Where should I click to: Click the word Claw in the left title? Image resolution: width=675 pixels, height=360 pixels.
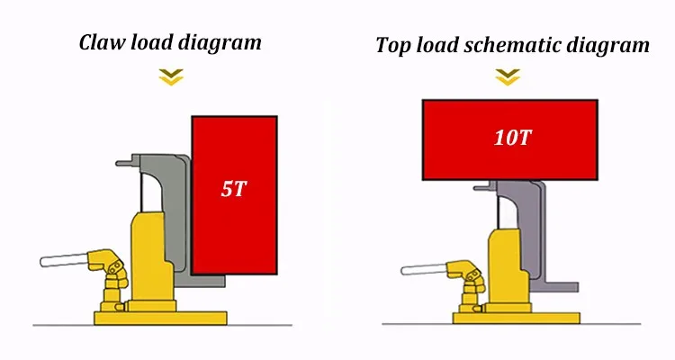pos(102,42)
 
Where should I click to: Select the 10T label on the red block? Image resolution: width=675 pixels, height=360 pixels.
pos(508,139)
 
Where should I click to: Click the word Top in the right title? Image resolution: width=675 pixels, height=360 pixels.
pos(393,46)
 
